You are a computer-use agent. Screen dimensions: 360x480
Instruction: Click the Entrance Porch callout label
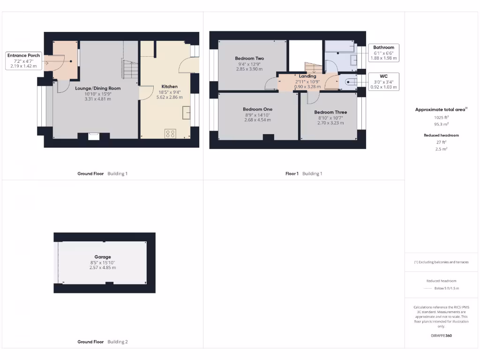[23, 61]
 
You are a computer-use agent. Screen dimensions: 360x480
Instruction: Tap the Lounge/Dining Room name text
[98, 88]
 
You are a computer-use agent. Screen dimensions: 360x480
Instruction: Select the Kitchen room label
[169, 87]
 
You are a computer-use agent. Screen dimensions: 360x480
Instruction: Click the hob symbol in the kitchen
[170, 134]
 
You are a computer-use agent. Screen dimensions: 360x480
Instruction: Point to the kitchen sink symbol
[186, 112]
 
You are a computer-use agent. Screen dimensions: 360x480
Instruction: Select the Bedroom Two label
[249, 59]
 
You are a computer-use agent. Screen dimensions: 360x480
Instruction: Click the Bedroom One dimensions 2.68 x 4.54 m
[257, 120]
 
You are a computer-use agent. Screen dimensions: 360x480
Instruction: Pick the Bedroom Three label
[330, 112]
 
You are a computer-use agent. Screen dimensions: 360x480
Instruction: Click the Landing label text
[307, 76]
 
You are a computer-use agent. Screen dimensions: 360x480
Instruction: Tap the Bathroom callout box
[383, 53]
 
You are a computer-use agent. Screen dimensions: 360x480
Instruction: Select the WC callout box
[383, 81]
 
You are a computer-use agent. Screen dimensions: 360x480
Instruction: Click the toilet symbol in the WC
[349, 82]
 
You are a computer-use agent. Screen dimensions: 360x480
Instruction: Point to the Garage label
[103, 257]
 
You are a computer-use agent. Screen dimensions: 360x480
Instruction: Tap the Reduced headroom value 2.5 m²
[441, 149]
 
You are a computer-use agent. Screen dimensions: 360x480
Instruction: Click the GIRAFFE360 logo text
[441, 336]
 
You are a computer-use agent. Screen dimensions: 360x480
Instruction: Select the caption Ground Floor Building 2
[102, 342]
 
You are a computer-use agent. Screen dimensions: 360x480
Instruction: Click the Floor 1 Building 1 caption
[304, 174]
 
